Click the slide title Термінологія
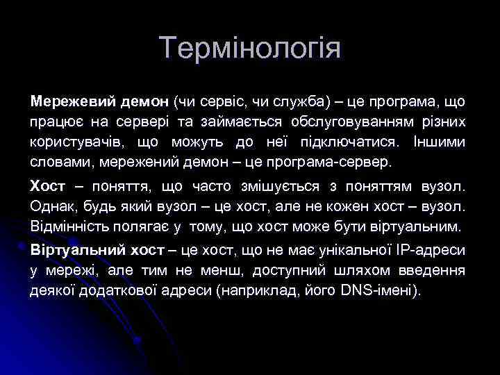tap(250, 49)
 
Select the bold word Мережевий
tap(63, 102)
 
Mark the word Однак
tap(53, 207)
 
